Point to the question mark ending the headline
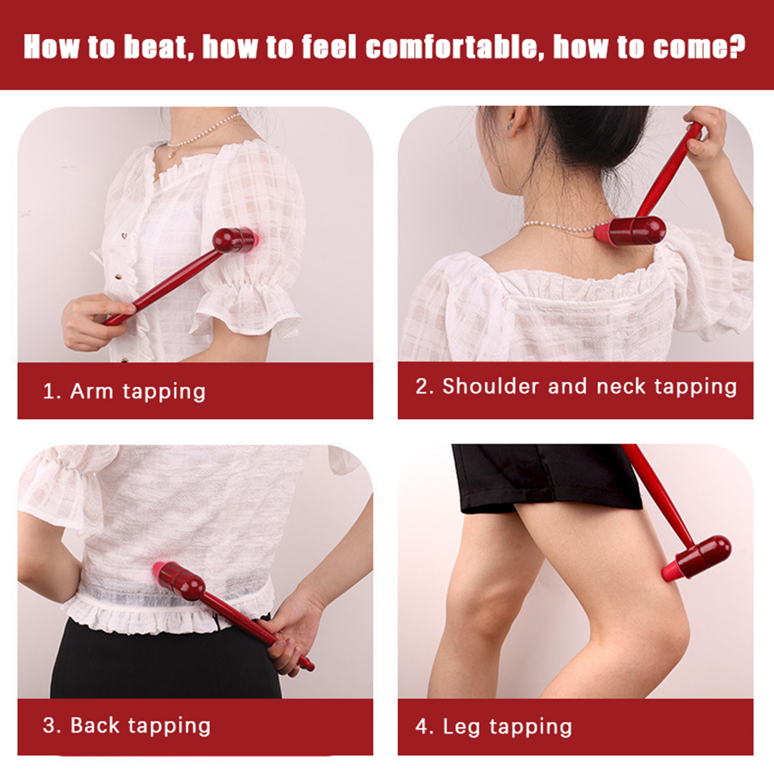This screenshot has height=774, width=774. tap(737, 46)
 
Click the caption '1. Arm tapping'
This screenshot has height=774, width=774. tap(124, 391)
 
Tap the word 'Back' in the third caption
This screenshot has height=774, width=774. tap(95, 725)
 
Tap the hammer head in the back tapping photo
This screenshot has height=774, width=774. tap(178, 580)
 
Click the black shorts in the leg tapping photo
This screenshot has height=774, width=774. tap(547, 477)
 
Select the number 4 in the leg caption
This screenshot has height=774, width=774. tap(421, 727)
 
